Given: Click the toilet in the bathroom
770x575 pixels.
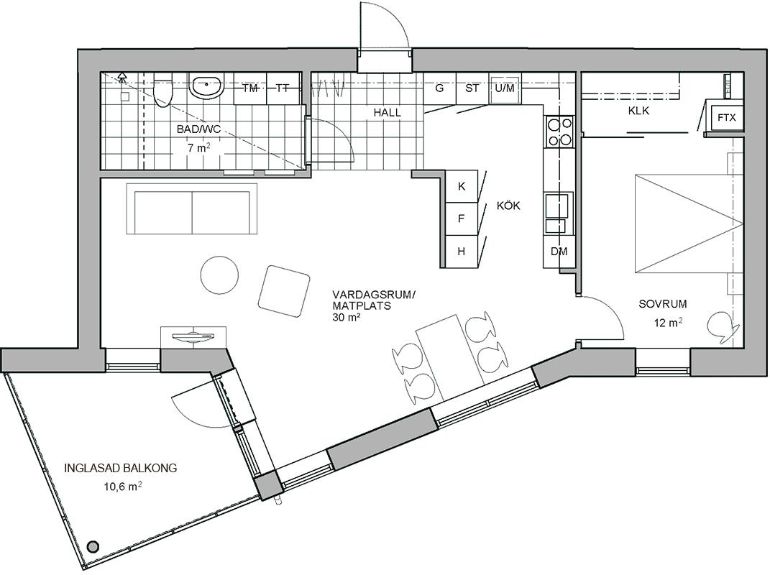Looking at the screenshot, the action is [162, 90].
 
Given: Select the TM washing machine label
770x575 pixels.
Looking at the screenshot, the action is [250, 88].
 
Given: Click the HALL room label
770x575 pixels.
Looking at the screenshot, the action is [387, 112].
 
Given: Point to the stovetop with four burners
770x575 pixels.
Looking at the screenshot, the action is [559, 131].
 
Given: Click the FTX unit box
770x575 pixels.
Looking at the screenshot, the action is [726, 118].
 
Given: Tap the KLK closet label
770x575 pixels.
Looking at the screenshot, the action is [638, 111].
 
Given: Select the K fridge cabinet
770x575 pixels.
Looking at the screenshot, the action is [461, 186].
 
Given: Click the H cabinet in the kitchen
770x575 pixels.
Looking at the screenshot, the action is [461, 252].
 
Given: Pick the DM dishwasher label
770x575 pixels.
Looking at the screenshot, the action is [559, 252].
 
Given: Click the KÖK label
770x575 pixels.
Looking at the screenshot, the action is [508, 206].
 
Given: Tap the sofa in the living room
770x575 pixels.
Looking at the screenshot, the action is [192, 209].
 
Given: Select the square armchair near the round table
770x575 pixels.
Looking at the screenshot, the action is [284, 291].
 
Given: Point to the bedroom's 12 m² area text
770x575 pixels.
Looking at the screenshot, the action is [668, 323].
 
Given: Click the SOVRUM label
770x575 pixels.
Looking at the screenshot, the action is [662, 304].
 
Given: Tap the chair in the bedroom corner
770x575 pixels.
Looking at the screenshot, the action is [723, 327].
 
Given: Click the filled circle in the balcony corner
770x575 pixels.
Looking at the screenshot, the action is [92, 546].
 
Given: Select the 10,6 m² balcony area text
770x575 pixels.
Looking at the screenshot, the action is [123, 487].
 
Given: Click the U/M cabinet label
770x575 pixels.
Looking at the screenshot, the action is [505, 88].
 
